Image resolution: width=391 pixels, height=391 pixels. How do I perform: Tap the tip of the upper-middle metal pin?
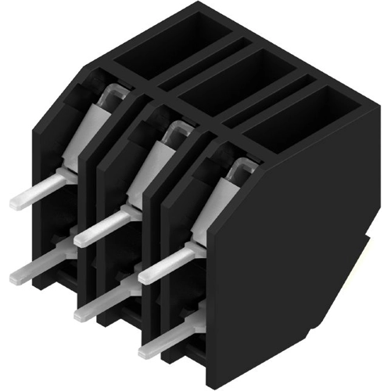click(x=81, y=236)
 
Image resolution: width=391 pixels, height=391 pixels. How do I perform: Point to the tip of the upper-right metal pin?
click(x=145, y=277)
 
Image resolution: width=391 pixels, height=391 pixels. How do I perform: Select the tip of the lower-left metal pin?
click(x=16, y=275)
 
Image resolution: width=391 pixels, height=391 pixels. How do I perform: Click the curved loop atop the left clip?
click(x=112, y=94)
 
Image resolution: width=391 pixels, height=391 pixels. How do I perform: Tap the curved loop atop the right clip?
click(x=243, y=165)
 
